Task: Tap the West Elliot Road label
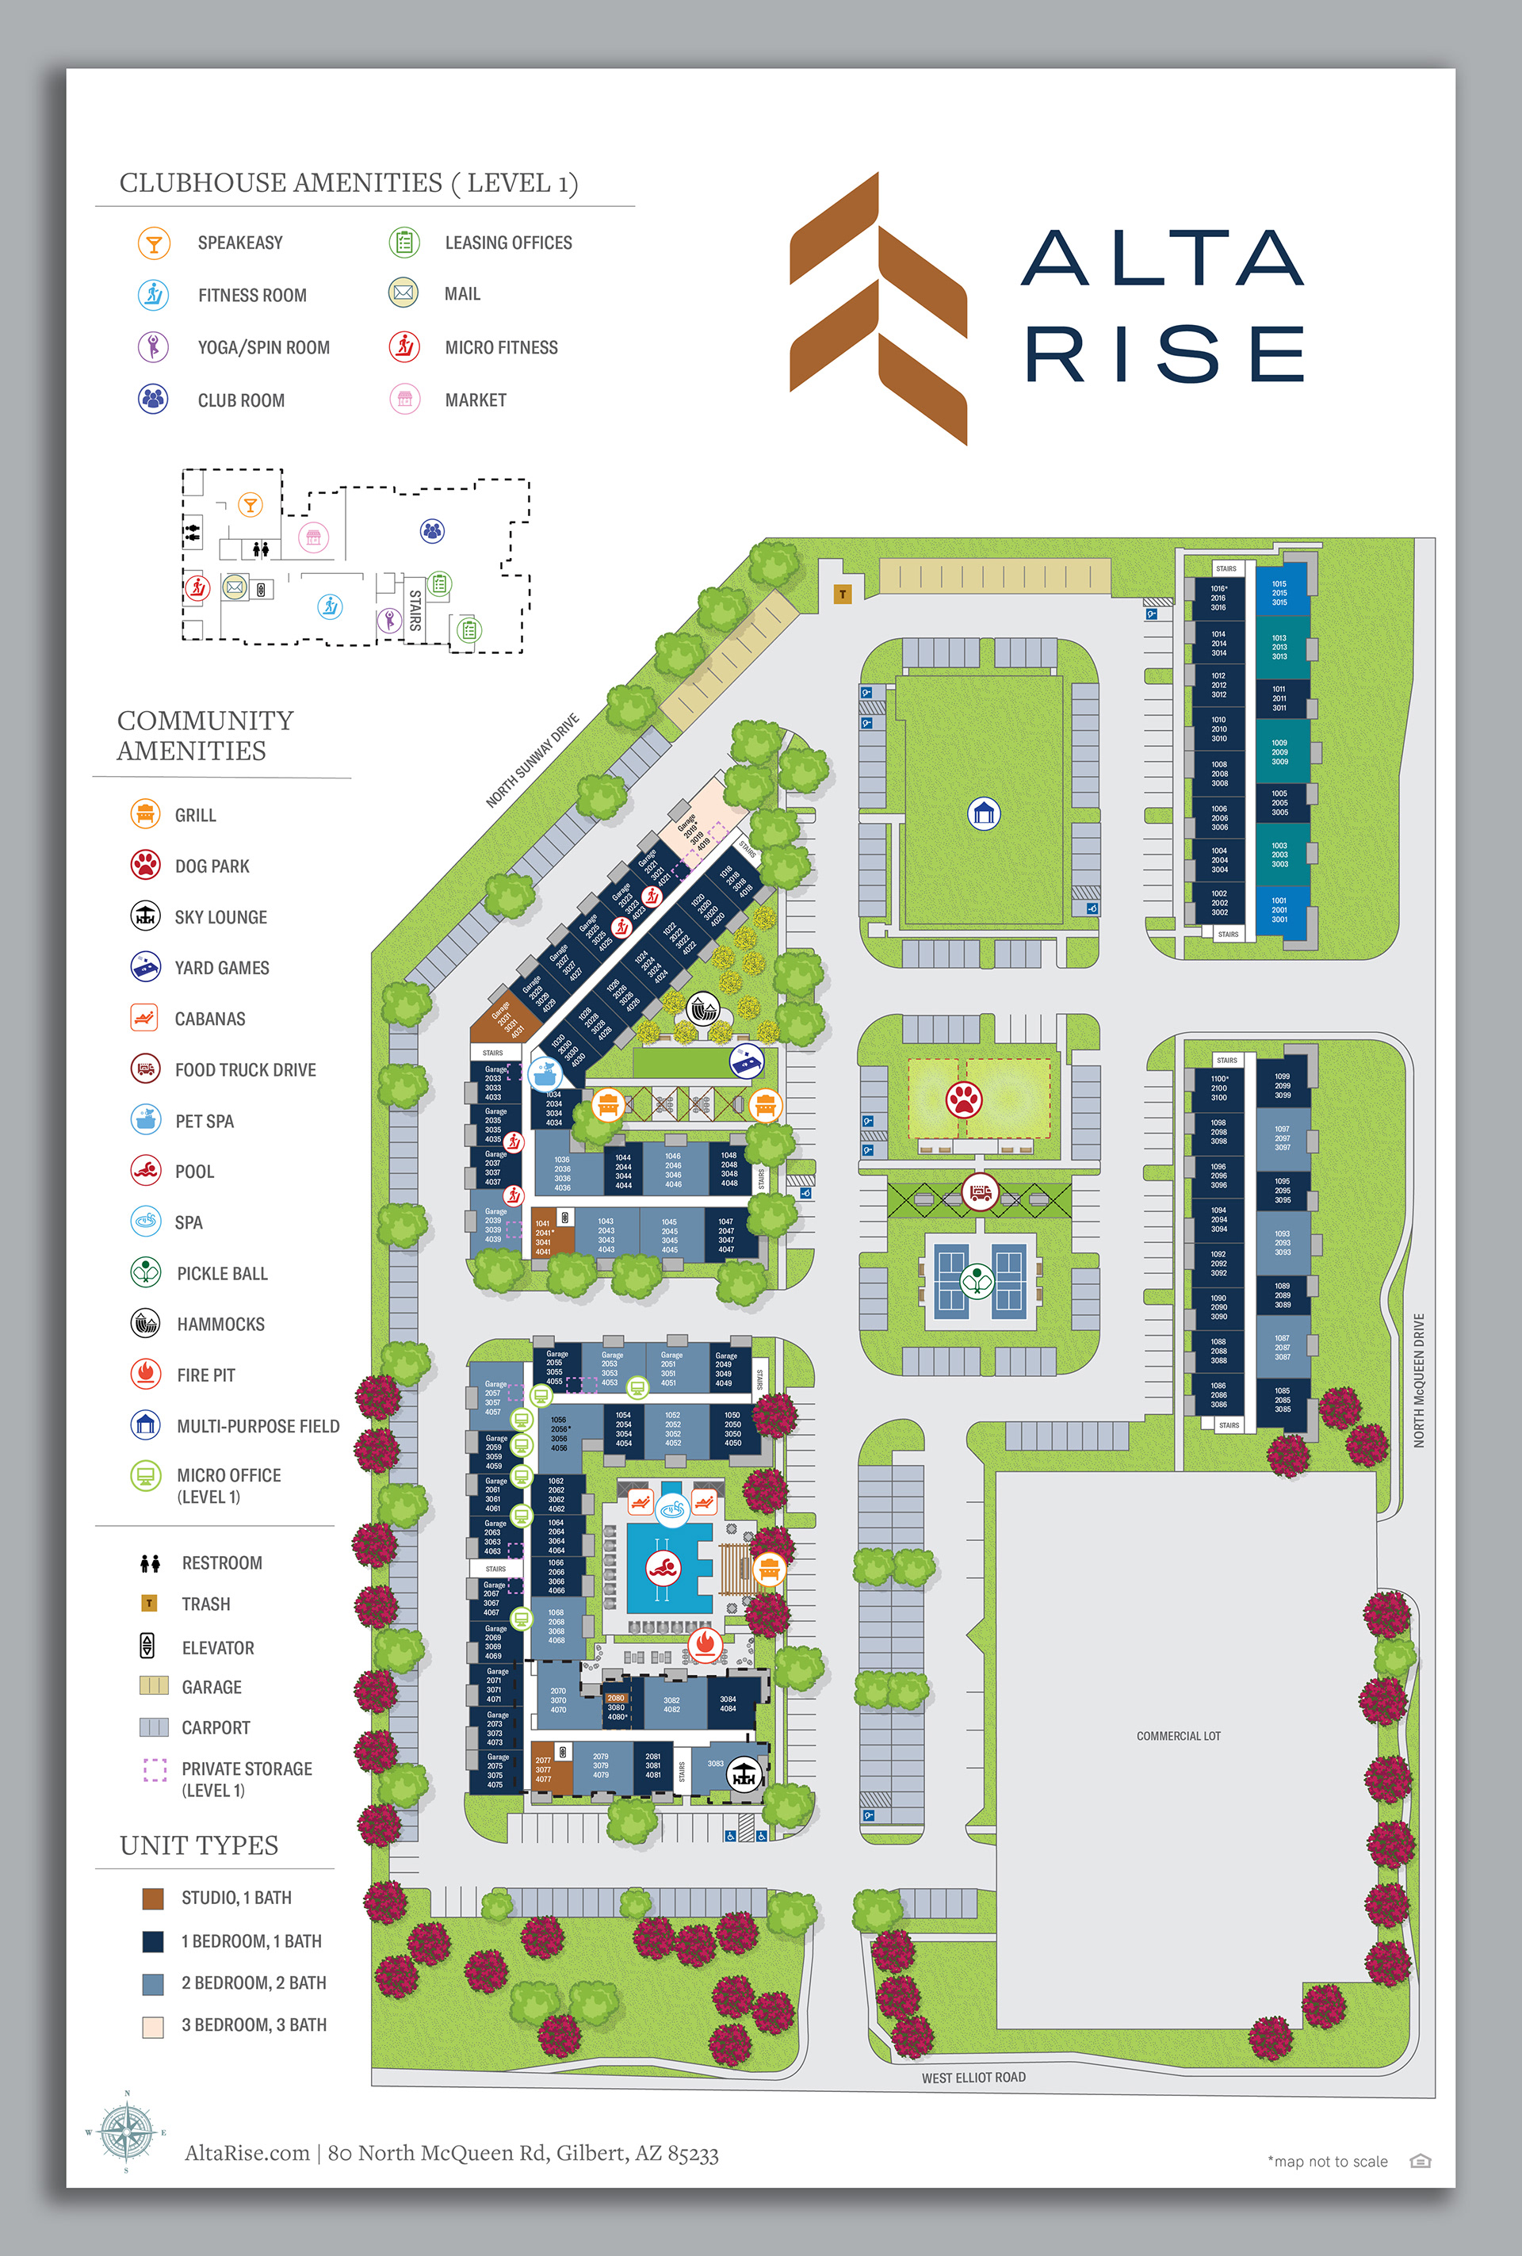click(x=973, y=2078)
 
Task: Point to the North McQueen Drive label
click(x=1418, y=1380)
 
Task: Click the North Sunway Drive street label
click(x=532, y=760)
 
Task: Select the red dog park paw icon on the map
click(x=964, y=1099)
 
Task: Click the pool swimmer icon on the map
click(x=663, y=1568)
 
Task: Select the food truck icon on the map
click(x=981, y=1191)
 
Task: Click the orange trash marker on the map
click(x=843, y=594)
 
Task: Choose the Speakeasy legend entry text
click(x=239, y=243)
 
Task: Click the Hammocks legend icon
click(x=146, y=1323)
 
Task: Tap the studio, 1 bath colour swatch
click(x=152, y=1898)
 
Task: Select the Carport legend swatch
click(x=153, y=1728)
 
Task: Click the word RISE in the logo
click(x=1164, y=354)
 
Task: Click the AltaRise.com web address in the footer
click(x=247, y=2153)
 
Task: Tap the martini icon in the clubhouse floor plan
click(x=250, y=505)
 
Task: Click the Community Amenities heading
click(x=205, y=735)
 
